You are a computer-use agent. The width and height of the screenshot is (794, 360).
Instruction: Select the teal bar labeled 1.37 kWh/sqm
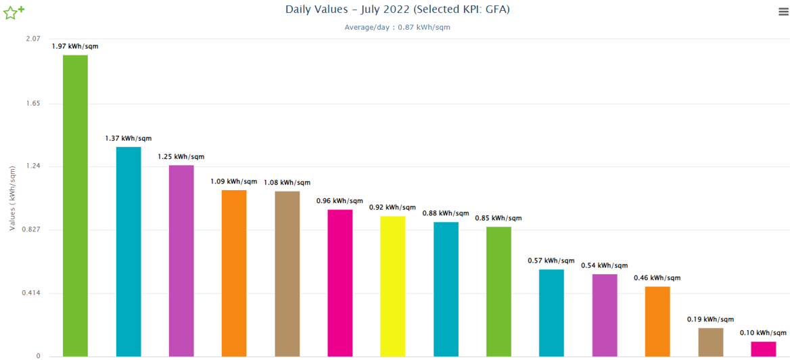tap(129, 251)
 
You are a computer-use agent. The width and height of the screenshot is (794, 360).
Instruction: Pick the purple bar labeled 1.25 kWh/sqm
tap(181, 261)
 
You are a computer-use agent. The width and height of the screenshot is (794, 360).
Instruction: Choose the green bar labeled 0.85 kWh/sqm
tap(498, 291)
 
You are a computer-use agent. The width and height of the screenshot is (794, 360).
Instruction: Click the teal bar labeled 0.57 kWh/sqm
tap(551, 312)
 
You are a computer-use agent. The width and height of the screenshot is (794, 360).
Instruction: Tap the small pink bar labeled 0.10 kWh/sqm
tap(764, 348)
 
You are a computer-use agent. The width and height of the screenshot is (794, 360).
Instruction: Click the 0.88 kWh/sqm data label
tap(446, 213)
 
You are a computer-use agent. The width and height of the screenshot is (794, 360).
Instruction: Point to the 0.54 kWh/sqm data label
tap(605, 265)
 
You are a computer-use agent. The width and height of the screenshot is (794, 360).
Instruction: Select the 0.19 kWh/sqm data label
tap(710, 319)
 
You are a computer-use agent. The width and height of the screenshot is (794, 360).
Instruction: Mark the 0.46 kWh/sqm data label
tap(657, 277)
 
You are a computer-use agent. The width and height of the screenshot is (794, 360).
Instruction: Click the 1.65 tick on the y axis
tap(32, 104)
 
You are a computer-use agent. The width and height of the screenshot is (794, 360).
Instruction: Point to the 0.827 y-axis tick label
tap(30, 230)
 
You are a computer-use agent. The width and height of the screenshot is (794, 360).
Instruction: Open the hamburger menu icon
tap(783, 12)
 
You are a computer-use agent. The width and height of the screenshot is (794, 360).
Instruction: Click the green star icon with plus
tap(14, 12)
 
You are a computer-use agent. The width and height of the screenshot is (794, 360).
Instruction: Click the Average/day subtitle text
tap(397, 27)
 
